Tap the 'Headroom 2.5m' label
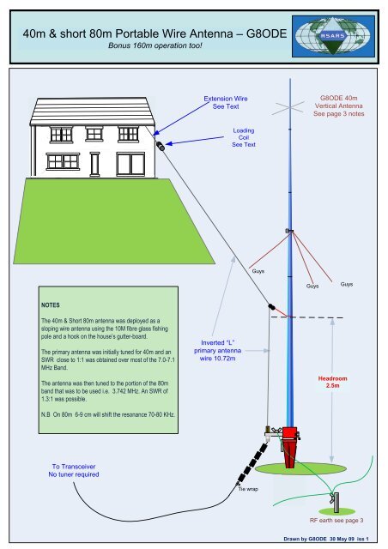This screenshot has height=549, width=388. [x=333, y=382]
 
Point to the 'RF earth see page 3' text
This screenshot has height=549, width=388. [x=337, y=521]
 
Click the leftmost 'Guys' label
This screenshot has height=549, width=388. [x=257, y=270]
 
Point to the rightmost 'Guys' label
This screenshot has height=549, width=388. [x=347, y=284]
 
